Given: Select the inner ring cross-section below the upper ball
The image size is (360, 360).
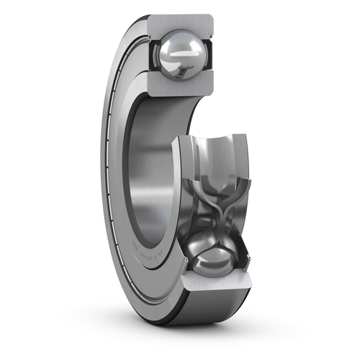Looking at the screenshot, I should tap(180, 89).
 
